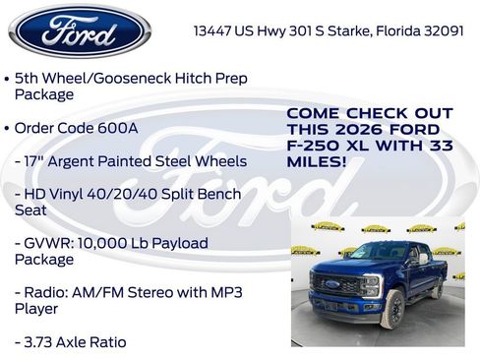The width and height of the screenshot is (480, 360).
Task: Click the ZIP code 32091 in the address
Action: point(442,30)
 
